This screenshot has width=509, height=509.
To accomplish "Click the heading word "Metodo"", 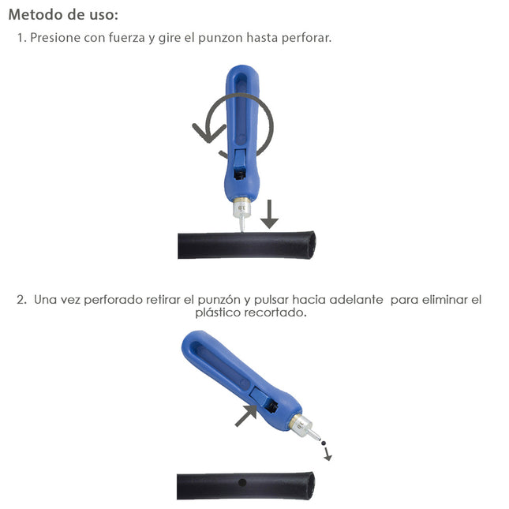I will point(36,14).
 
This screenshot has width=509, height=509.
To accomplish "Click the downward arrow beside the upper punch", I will point(269,213).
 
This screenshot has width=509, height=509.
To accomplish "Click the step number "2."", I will point(22,300).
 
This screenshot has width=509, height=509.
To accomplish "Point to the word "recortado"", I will point(277,313).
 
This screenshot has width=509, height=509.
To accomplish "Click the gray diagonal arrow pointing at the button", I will point(246,414).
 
